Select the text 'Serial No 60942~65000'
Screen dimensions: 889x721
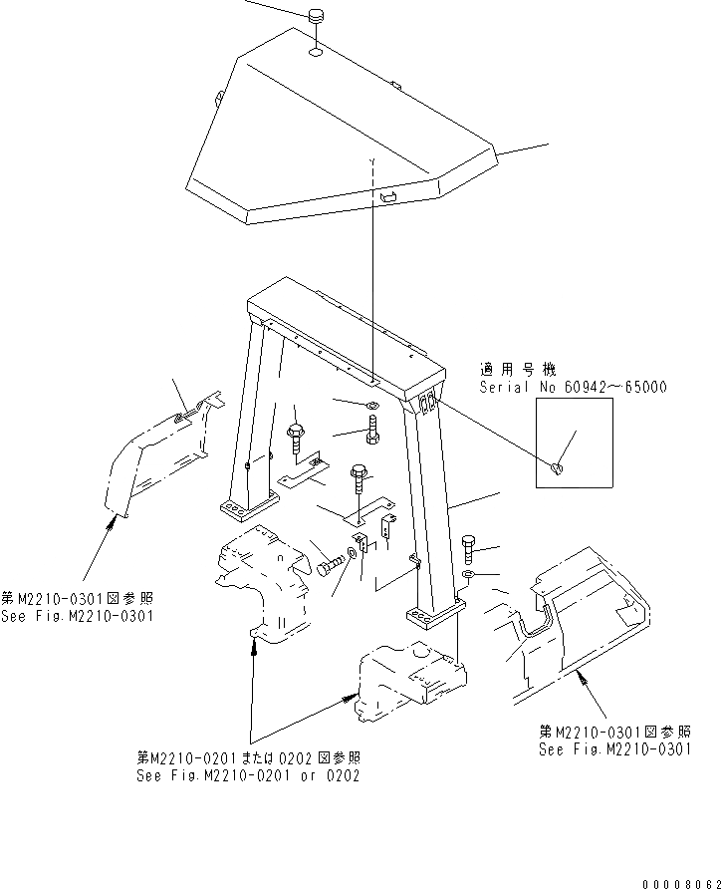tap(573, 387)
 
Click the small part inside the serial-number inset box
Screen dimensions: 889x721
tap(559, 465)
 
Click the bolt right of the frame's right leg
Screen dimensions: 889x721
tap(471, 546)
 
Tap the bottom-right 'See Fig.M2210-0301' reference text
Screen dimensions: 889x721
tap(614, 750)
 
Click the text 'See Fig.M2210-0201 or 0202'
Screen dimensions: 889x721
tap(248, 775)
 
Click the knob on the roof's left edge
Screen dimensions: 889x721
tap(218, 98)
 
